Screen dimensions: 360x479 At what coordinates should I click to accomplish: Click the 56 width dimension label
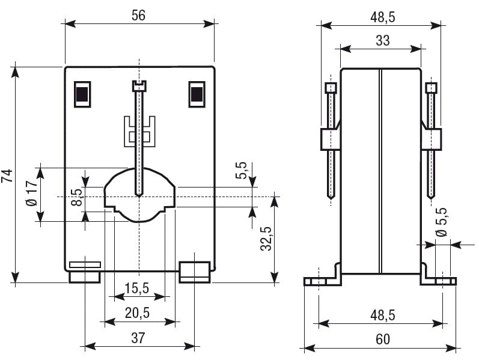139,16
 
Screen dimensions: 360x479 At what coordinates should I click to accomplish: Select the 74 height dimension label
8,175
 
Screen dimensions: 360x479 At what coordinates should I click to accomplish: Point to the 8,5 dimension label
76,197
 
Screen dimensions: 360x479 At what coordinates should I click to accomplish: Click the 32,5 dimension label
267,239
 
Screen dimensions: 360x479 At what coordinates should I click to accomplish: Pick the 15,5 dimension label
137,288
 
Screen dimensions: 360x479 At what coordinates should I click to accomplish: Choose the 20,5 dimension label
138,313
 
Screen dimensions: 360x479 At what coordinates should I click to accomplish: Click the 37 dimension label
138,338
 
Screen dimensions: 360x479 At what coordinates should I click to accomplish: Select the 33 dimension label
382,40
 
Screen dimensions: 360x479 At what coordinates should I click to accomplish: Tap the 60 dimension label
382,339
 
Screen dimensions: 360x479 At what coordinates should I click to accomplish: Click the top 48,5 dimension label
382,17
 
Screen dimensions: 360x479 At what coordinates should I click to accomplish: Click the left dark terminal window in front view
82,94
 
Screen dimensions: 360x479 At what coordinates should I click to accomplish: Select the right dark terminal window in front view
197,94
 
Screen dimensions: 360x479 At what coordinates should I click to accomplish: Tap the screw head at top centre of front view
139,87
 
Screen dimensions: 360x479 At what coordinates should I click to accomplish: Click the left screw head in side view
331,88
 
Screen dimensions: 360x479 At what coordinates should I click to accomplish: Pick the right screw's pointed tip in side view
431,196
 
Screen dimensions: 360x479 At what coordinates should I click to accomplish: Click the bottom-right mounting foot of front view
194,272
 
